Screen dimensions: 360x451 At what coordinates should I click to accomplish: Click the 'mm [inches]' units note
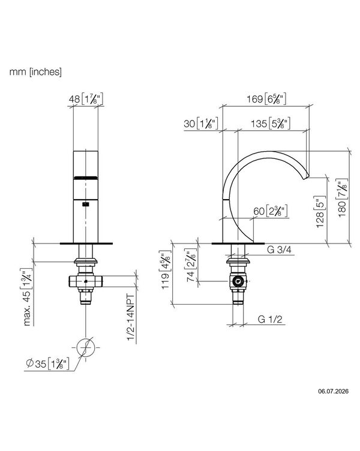pos(35,71)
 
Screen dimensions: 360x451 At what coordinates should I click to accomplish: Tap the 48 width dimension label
pos(85,99)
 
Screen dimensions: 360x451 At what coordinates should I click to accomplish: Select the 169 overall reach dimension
pos(266,98)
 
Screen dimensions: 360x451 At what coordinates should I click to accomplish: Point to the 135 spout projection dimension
pos(271,124)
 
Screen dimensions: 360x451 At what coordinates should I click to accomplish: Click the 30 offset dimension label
pos(201,124)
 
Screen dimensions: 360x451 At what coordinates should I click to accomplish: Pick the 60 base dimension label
pos(270,211)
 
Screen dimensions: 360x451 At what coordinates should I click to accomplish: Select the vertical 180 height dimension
pos(342,198)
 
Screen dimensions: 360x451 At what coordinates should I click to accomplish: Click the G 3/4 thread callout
pos(279,249)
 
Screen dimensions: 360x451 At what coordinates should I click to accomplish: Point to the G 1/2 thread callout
pos(270,319)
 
